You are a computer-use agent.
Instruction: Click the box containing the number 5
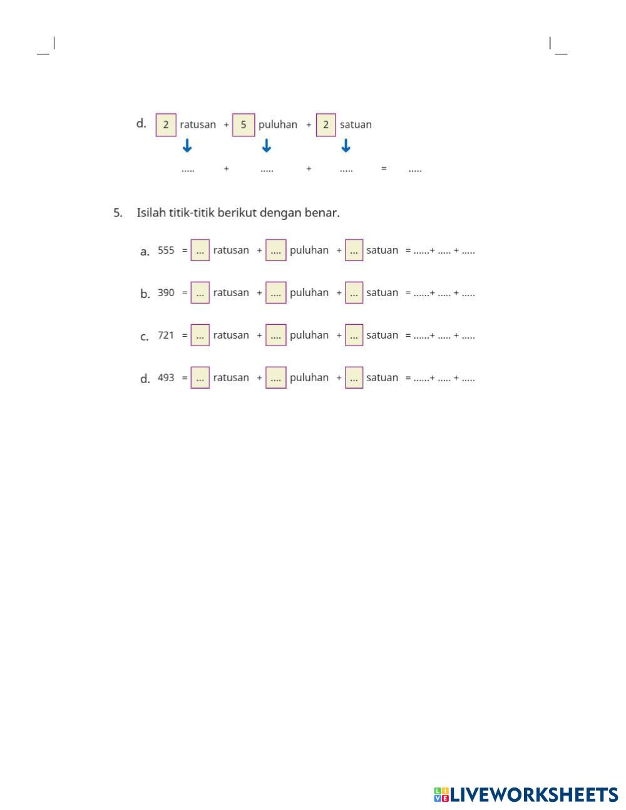[x=244, y=125]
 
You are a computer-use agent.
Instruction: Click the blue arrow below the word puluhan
[x=267, y=146]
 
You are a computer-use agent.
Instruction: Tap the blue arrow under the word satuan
[x=346, y=146]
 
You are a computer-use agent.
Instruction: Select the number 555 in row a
[x=166, y=250]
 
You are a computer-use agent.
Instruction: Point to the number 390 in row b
[x=166, y=293]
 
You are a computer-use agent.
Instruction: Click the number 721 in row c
[x=166, y=336]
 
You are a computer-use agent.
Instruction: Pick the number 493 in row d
[x=166, y=378]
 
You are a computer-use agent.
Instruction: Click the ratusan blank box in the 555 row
[x=200, y=250]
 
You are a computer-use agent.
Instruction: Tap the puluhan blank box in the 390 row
[x=276, y=293]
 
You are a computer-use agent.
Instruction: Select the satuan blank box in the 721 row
[x=354, y=336]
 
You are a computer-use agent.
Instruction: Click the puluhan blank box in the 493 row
[x=276, y=378]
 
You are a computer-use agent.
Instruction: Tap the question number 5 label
[x=118, y=213]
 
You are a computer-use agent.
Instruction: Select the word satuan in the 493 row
[x=382, y=378]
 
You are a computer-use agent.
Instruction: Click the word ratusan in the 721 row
[x=231, y=336]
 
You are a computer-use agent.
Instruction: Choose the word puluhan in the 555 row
[x=309, y=250]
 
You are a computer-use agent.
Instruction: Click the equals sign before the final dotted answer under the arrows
[x=384, y=169]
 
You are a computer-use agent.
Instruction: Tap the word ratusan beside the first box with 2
[x=198, y=125]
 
